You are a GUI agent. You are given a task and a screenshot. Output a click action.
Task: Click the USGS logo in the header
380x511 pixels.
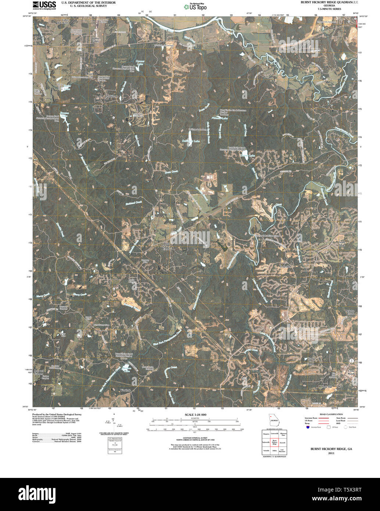[x=44, y=5]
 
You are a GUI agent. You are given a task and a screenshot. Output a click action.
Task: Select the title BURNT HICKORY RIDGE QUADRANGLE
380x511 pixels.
[x=326, y=3]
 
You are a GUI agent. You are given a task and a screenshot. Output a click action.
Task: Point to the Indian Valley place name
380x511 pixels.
[x=95, y=39]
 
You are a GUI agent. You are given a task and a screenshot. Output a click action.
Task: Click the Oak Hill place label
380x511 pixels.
[x=327, y=387]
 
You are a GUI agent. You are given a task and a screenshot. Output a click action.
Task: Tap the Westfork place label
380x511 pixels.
[x=125, y=390]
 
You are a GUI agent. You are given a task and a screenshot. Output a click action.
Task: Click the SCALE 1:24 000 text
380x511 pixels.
[x=196, y=415]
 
